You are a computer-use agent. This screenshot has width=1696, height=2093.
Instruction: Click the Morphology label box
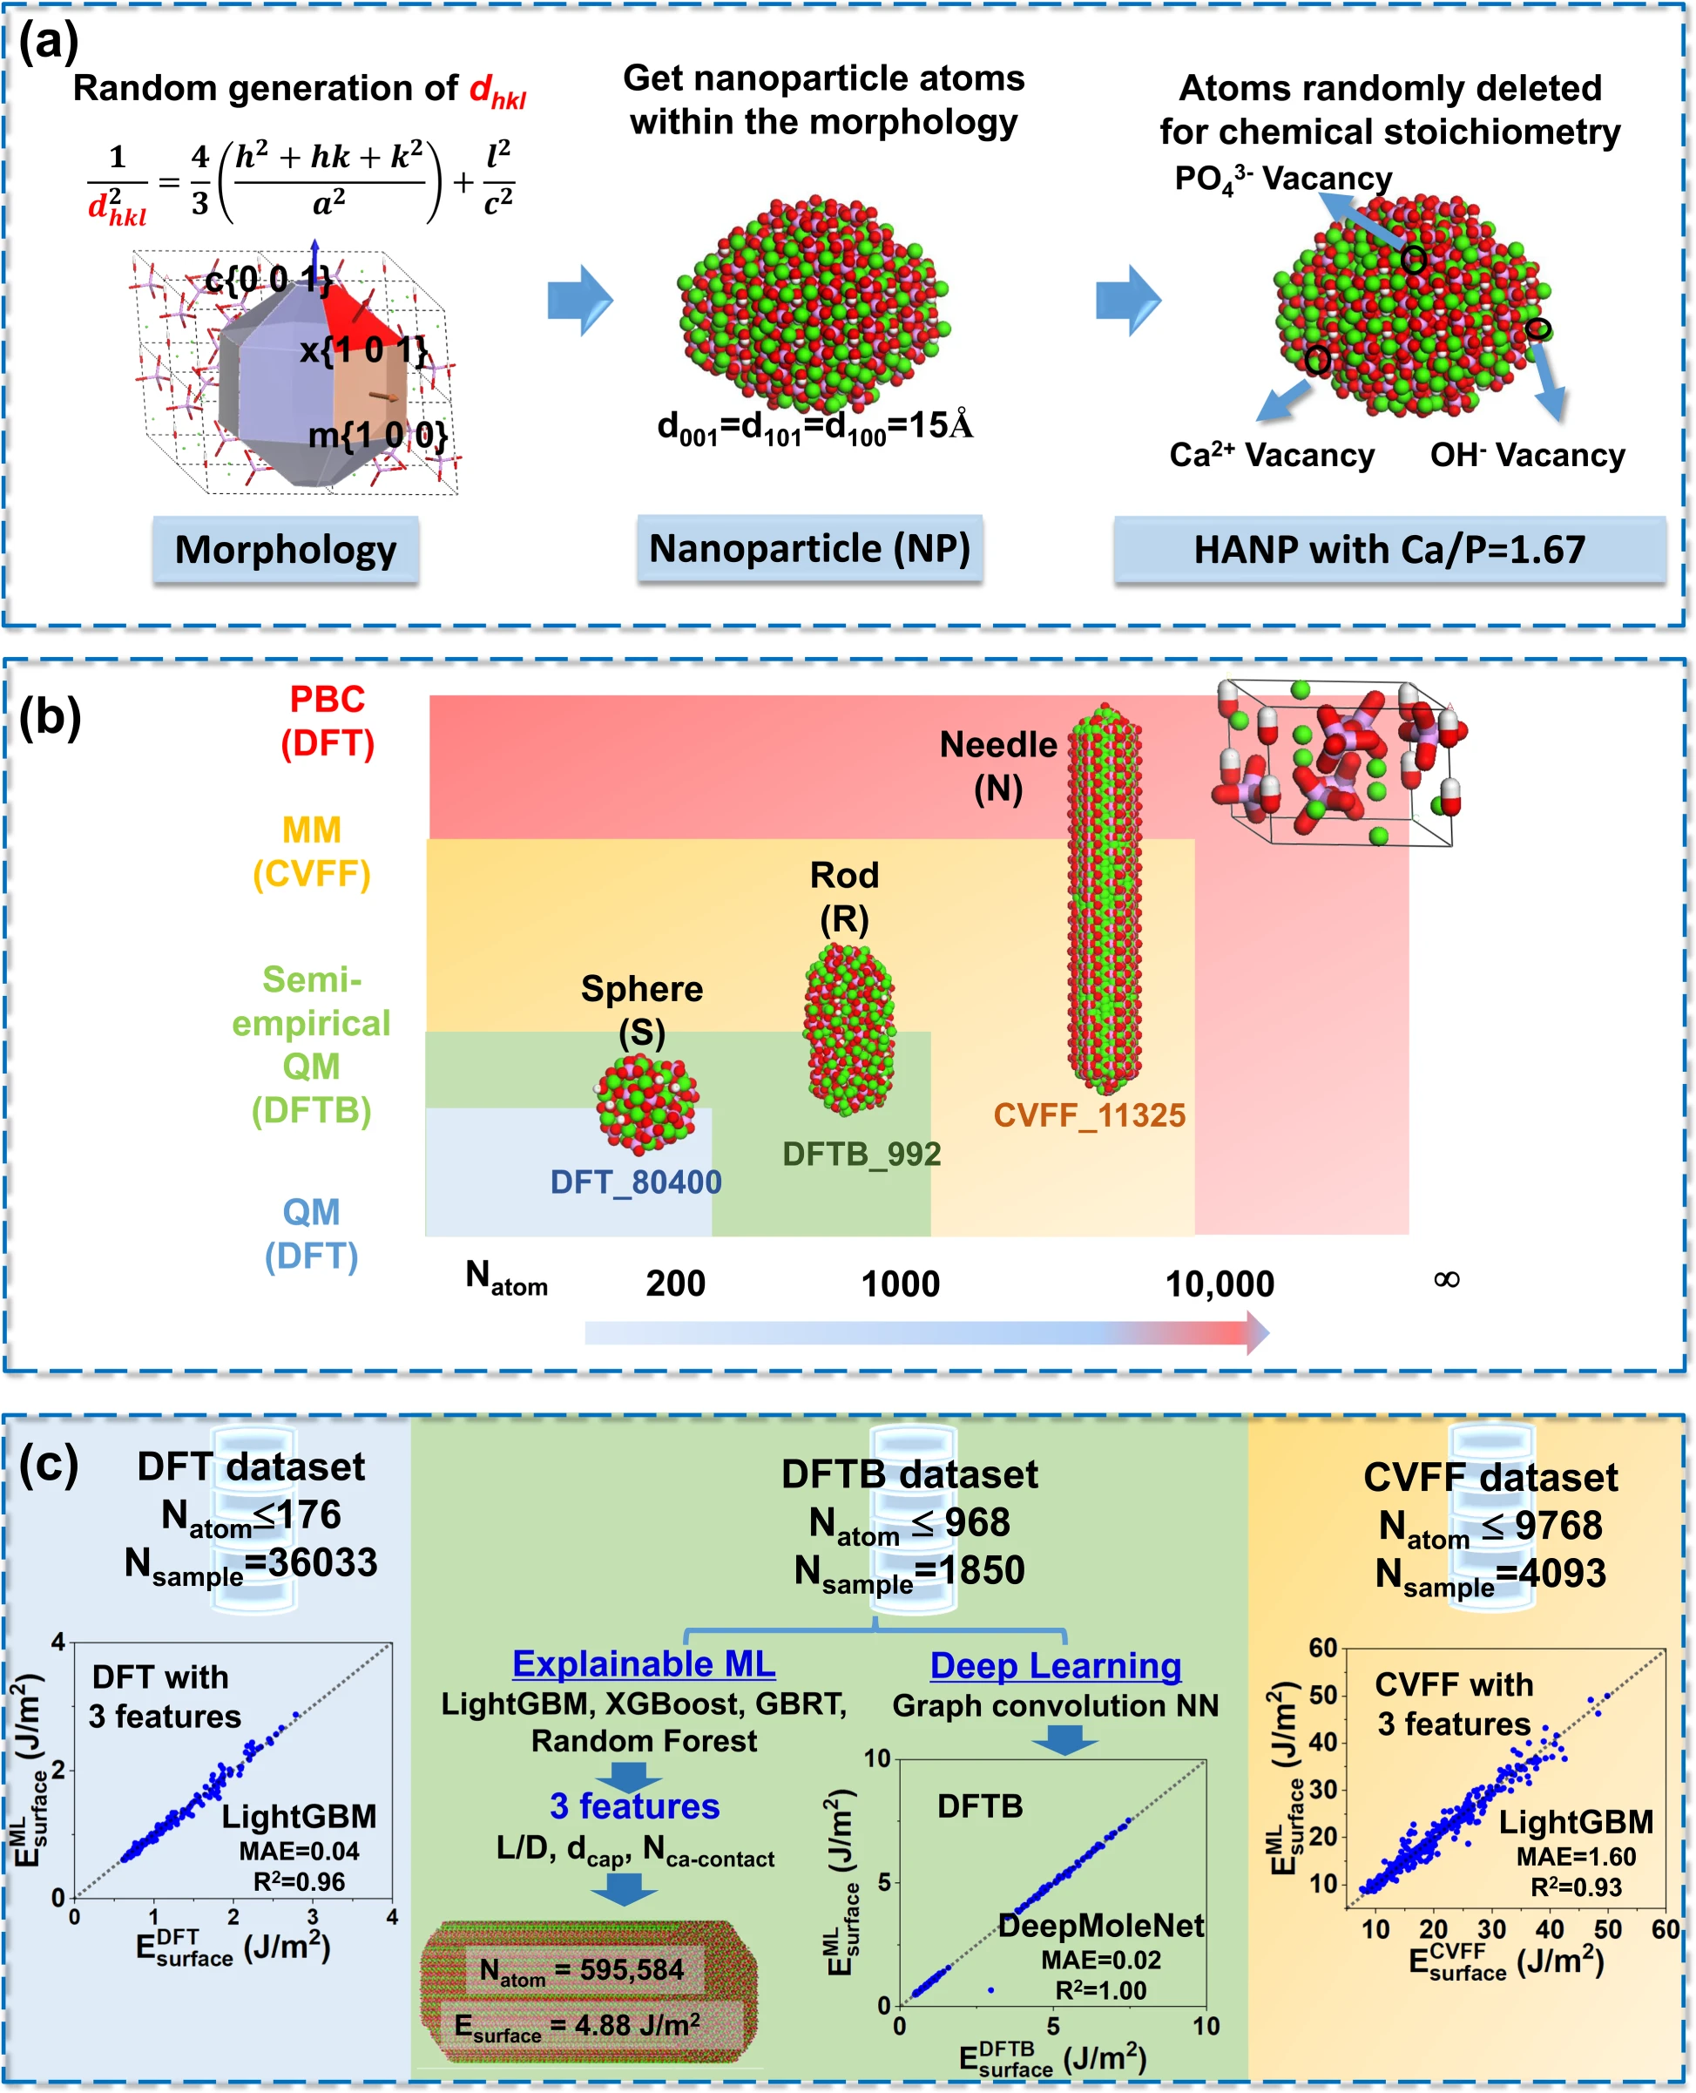tap(285, 550)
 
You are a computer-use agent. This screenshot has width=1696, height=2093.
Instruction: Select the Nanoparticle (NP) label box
tap(809, 549)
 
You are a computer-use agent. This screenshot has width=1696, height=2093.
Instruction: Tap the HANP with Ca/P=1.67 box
tap(1389, 550)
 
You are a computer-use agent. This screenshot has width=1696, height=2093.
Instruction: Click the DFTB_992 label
tap(861, 1154)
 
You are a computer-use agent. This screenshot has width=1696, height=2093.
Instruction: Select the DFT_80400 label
tap(635, 1182)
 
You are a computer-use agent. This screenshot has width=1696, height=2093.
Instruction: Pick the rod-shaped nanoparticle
tap(848, 1028)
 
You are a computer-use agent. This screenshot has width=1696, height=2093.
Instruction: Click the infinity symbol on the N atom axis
tap(1446, 1279)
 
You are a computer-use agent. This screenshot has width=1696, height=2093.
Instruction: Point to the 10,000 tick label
tap(1220, 1283)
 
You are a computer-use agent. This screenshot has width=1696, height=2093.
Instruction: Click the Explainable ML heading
tap(643, 1664)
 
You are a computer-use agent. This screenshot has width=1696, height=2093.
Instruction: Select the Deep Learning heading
tap(1055, 1666)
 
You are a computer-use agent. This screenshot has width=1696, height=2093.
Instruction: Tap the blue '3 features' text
tap(634, 1805)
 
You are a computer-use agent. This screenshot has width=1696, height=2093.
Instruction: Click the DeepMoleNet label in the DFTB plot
tap(1101, 1925)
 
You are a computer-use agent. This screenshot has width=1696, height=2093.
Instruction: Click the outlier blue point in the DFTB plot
tap(990, 1990)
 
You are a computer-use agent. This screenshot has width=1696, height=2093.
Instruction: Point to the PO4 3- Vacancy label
tap(1283, 179)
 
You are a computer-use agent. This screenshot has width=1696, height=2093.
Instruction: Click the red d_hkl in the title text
tap(497, 91)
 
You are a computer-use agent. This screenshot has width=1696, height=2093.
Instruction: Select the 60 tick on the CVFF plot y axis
tap(1323, 1648)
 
